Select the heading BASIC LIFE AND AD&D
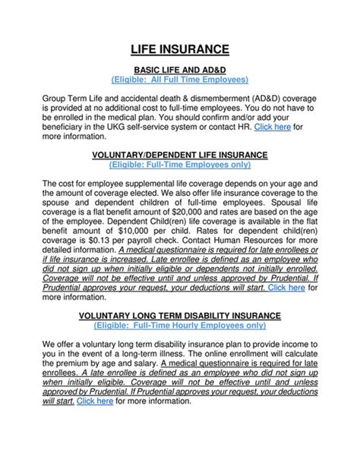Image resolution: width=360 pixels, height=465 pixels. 180,69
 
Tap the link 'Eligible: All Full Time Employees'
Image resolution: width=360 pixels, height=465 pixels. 180,79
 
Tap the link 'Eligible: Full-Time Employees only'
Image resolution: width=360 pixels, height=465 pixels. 180,164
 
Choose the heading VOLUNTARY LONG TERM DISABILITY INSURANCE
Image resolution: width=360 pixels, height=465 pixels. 180,315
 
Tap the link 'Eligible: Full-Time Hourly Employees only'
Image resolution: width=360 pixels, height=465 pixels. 180,324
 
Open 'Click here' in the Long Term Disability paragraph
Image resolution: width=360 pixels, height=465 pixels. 94,401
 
